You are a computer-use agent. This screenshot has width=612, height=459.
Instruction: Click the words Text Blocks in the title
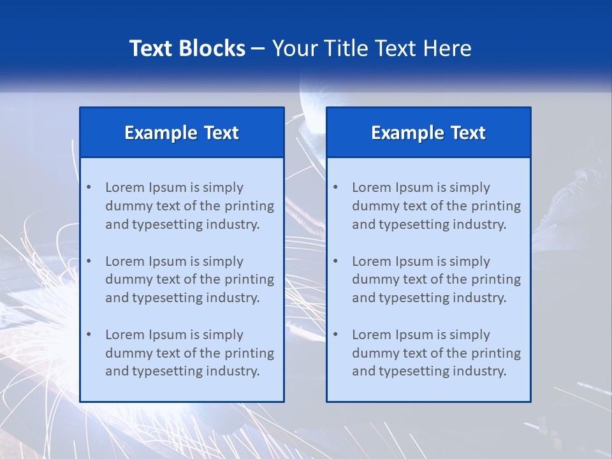point(187,48)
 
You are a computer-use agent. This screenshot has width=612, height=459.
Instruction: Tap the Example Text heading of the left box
point(182,133)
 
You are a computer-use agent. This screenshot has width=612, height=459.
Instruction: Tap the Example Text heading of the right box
point(428,133)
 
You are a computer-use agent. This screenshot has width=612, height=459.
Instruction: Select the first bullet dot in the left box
point(89,187)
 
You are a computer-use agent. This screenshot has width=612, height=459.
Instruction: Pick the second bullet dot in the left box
point(89,261)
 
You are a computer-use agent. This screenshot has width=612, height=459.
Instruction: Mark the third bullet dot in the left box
point(89,335)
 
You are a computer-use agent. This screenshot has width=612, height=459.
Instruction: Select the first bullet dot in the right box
point(335,187)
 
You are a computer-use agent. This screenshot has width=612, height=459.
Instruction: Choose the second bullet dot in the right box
point(335,261)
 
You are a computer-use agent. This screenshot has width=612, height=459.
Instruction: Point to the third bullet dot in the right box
point(335,335)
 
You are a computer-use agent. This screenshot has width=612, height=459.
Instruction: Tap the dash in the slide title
point(258,48)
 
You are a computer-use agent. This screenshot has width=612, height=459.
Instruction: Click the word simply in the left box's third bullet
point(223,335)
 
